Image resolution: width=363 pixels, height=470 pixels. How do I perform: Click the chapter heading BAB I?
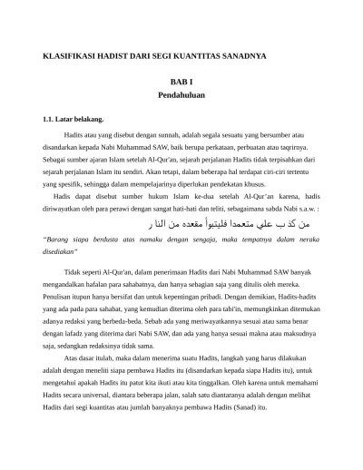point(181,83)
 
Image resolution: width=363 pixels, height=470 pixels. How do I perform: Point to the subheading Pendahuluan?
point(181,95)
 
